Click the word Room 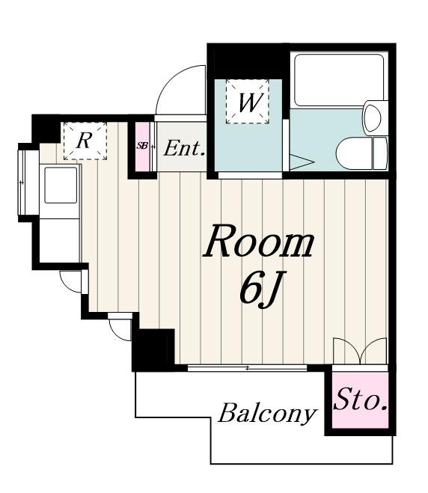(x=258, y=242)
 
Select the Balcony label (x=268, y=414)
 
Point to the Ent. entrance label (x=184, y=148)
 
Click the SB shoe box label (x=142, y=146)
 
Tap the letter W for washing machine (x=249, y=102)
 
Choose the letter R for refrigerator (x=84, y=141)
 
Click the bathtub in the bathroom (x=339, y=80)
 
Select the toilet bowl (x=355, y=154)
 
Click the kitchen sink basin (x=61, y=186)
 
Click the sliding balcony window (x=247, y=367)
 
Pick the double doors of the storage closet (x=360, y=352)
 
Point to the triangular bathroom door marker (x=301, y=162)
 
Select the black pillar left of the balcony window (x=153, y=350)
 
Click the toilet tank (x=380, y=154)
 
